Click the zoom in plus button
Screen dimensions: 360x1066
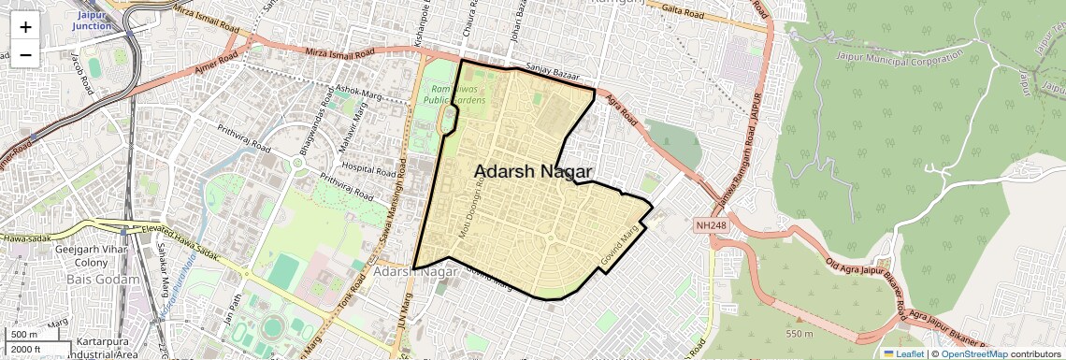[25, 26]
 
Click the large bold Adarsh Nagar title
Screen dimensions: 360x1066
[533, 171]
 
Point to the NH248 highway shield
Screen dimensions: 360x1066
[710, 226]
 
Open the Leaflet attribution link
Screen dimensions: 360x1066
[903, 353]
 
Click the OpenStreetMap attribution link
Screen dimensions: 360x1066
[973, 353]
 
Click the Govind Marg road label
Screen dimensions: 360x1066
[621, 241]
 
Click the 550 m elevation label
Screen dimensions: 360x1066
[799, 333]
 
